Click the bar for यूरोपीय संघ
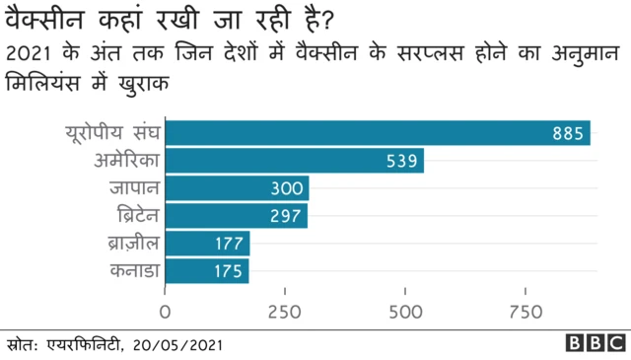(x=378, y=133)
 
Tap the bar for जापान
(x=237, y=188)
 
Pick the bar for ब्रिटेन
(x=236, y=216)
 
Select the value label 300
(x=286, y=188)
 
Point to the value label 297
(x=284, y=216)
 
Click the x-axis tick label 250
(x=285, y=313)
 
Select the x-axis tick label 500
(x=405, y=313)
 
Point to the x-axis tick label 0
(x=165, y=313)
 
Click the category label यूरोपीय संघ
(x=111, y=133)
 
